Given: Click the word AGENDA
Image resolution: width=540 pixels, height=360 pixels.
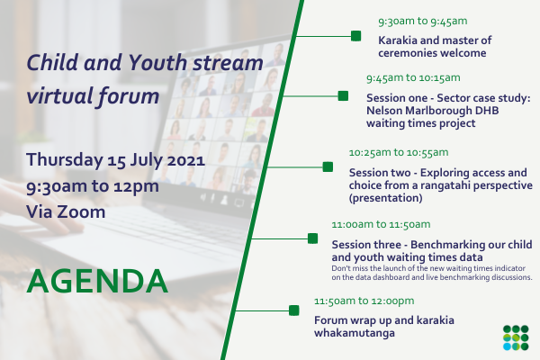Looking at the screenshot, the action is [97, 281].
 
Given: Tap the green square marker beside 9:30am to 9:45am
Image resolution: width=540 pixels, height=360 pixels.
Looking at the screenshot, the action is [355, 36].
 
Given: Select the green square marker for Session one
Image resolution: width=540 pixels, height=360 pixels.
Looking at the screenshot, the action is [343, 95].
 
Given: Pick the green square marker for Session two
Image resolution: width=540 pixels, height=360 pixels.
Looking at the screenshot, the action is [328, 167].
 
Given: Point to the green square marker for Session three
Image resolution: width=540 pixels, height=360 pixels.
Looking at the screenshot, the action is [312, 238].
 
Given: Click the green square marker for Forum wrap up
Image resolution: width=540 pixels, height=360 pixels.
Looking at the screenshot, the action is [293, 310].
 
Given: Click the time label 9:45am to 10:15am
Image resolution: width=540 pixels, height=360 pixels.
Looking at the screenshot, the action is [413, 78].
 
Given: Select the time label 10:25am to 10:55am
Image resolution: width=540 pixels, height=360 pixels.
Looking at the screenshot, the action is [399, 153].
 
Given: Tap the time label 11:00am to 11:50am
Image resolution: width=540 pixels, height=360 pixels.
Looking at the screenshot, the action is [381, 225].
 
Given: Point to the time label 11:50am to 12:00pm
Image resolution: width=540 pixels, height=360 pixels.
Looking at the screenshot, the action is [364, 301].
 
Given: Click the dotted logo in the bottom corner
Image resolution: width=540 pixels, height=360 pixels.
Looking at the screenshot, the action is [516, 337].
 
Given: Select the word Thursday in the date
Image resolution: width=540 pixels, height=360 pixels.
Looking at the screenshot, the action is [65, 160].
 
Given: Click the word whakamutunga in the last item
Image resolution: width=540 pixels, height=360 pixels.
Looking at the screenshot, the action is [355, 333].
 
